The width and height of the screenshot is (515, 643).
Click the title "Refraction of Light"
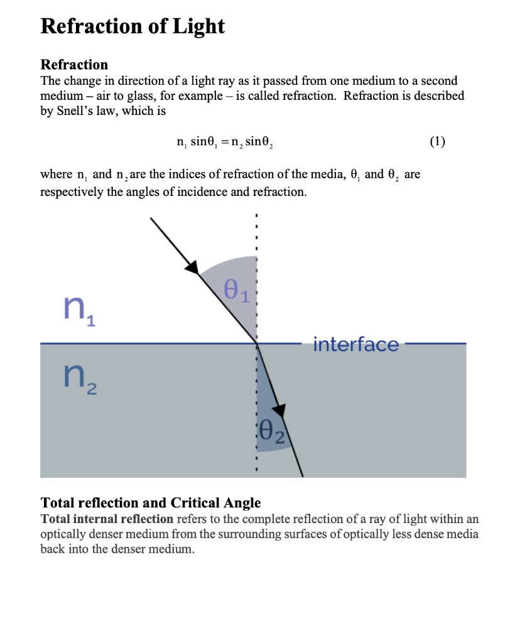pos(132,26)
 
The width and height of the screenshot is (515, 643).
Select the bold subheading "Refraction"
pos(74,65)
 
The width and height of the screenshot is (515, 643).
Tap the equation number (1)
pos(438,141)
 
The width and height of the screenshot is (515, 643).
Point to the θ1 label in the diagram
pos(236,291)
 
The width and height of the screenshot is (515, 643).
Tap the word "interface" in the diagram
pos(355,344)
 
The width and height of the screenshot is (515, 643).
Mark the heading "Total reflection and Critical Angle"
pos(150,503)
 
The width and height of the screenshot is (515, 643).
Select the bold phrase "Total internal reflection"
pos(107,519)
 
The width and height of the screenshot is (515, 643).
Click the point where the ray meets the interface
pos(256,343)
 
